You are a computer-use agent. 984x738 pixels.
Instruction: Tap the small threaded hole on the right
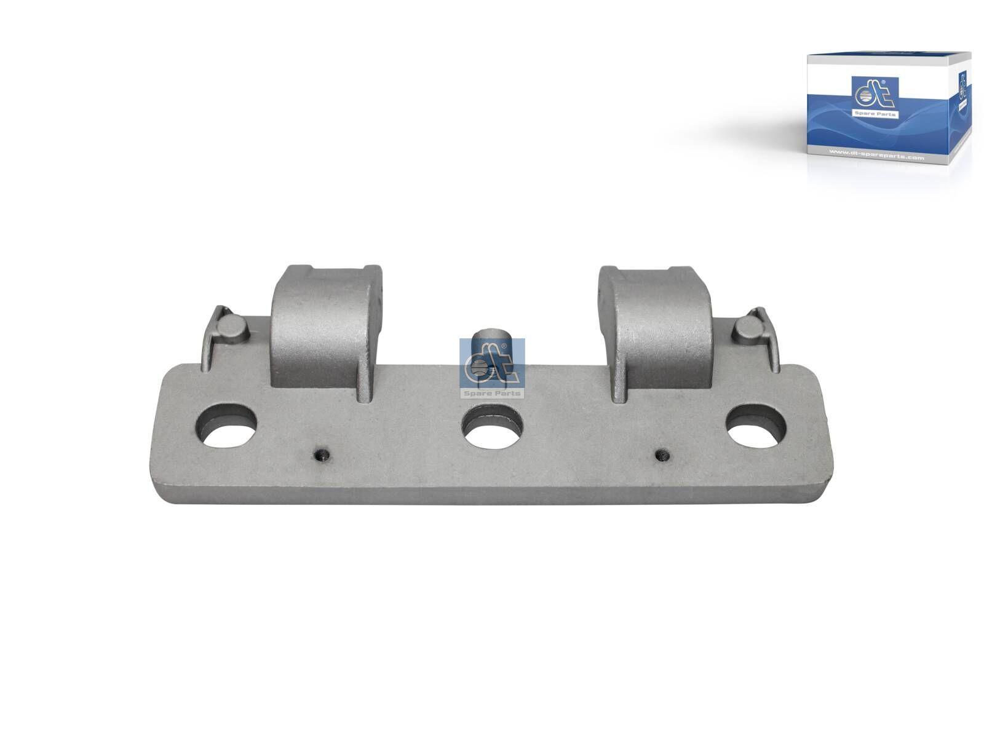(x=662, y=456)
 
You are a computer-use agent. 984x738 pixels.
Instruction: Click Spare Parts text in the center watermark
(x=492, y=393)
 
